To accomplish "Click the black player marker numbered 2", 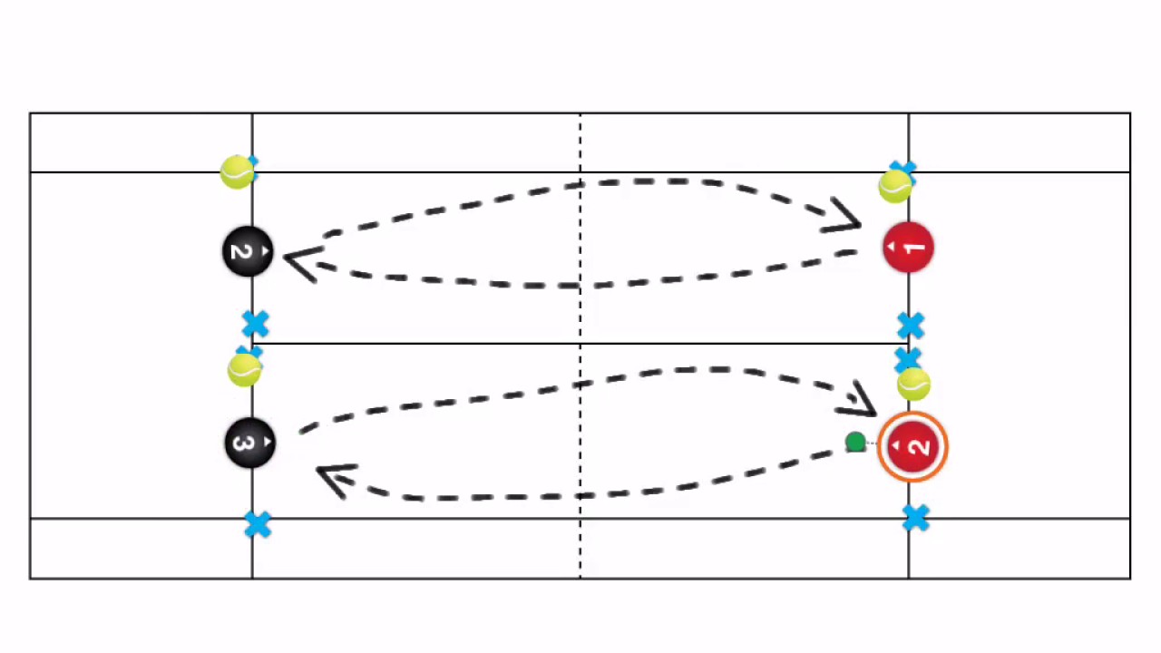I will click(x=248, y=251).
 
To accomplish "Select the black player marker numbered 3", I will click(x=249, y=443).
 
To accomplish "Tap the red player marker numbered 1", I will click(x=908, y=248).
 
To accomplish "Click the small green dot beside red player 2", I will click(x=854, y=443).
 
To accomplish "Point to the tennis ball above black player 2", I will click(x=238, y=171).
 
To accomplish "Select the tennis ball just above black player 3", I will click(x=244, y=369).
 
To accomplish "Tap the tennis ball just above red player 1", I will click(x=895, y=187).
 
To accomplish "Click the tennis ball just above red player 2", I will click(x=913, y=385).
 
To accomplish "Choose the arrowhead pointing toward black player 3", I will click(x=335, y=480).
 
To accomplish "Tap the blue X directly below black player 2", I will click(x=256, y=324).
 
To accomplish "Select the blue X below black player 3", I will click(x=258, y=524).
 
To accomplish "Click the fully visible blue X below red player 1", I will click(x=911, y=326).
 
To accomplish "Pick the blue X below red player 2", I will click(x=916, y=519).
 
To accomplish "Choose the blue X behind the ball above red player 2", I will click(x=905, y=358).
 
